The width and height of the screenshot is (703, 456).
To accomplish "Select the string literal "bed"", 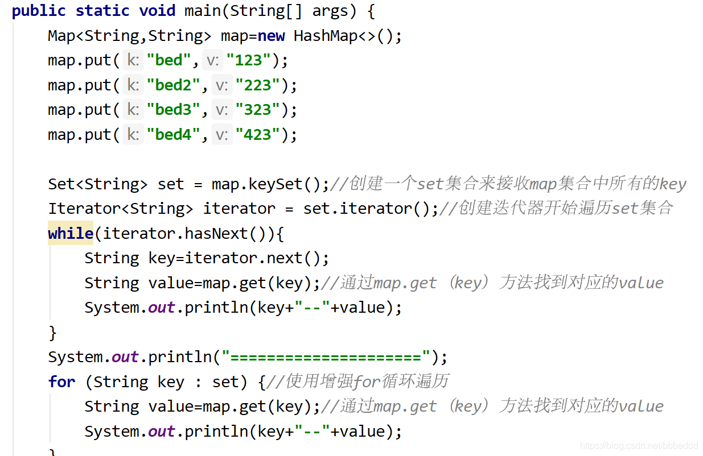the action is pos(169,60).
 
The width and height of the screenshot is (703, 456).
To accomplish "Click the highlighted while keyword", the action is pos(71,233).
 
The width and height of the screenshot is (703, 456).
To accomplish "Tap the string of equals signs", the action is pos(326,357).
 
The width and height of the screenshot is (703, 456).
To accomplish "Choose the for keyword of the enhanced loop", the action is pos(61,382).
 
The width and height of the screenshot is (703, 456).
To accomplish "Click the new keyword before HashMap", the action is pos(271,36).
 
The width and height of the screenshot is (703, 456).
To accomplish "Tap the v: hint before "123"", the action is pos(213,60).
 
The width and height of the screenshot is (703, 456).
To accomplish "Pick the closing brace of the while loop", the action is pos(53,332).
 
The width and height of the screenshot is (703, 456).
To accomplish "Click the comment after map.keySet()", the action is pos(508,184).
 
